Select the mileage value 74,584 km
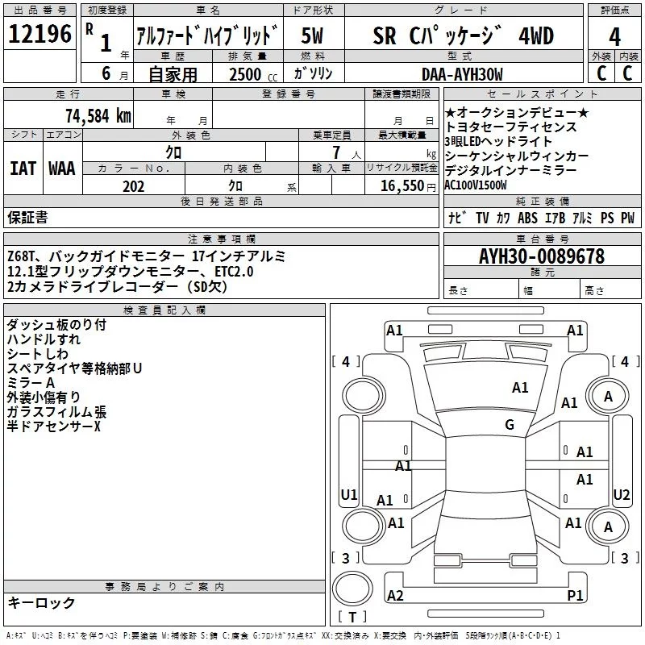(98, 115)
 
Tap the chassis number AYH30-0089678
(541, 256)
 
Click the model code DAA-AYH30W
(462, 74)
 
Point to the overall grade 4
(615, 37)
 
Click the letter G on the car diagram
(510, 424)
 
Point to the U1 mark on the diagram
(349, 494)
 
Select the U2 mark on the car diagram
(622, 494)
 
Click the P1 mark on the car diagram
(575, 595)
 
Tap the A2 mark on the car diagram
(395, 595)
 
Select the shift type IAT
(23, 169)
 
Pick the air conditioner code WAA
(62, 169)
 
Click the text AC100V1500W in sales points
(481, 185)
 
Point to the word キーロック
(41, 603)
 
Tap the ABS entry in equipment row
(527, 218)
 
